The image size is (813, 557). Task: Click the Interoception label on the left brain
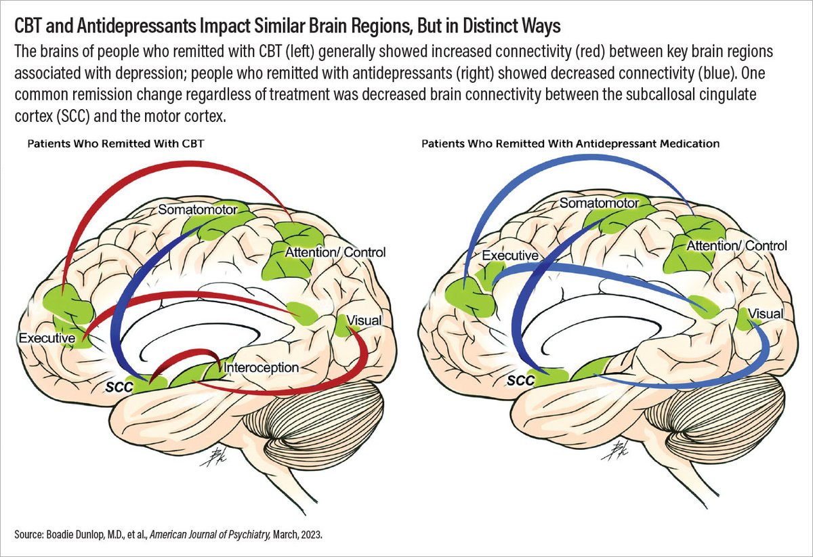click(x=261, y=368)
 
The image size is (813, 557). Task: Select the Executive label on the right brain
click(x=509, y=255)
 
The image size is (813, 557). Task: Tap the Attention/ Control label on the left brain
click(x=337, y=253)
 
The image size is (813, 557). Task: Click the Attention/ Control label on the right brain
click(x=737, y=246)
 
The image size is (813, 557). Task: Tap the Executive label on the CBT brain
click(x=46, y=337)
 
